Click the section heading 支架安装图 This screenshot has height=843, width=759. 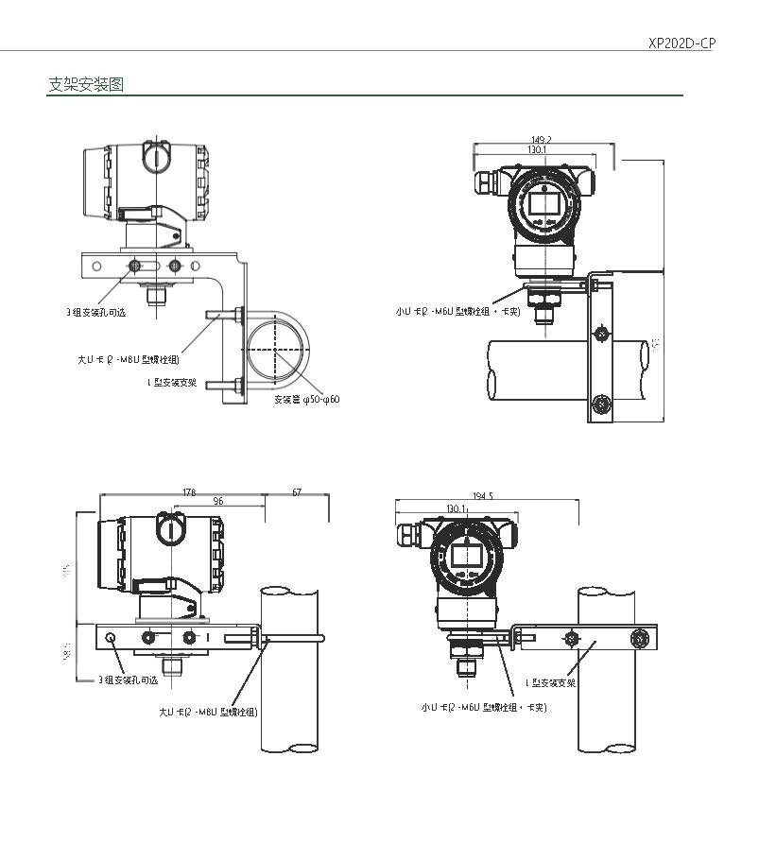pyautogui.click(x=85, y=85)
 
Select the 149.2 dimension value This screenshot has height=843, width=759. pyautogui.click(x=543, y=140)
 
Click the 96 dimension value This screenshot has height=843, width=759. pyautogui.click(x=218, y=501)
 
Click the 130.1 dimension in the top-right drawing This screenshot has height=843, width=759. pyautogui.click(x=536, y=150)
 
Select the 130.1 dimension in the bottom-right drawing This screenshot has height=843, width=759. pyautogui.click(x=456, y=508)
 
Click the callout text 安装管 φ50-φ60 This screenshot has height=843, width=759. pyautogui.click(x=307, y=400)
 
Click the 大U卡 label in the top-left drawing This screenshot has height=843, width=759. pyautogui.click(x=128, y=359)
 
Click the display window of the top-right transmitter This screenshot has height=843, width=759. pyautogui.click(x=543, y=200)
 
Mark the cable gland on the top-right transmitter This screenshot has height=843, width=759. pyautogui.click(x=485, y=181)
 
